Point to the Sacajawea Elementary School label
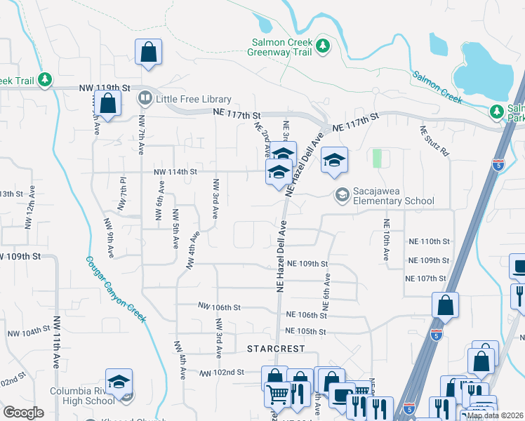[x=394, y=201]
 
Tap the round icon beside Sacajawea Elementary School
[x=343, y=194]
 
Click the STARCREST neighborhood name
[x=272, y=349]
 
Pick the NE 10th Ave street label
[x=385, y=240]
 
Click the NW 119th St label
[x=106, y=88]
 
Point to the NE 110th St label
[x=428, y=241]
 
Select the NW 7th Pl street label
[x=123, y=194]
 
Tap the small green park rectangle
[x=378, y=159]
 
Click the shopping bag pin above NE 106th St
[x=445, y=305]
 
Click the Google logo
[x=23, y=413]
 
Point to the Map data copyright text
[x=495, y=415]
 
